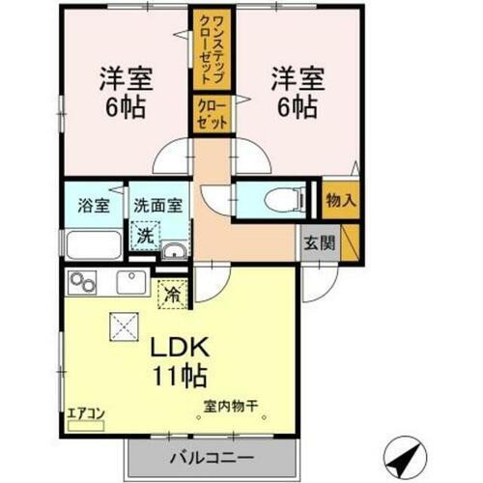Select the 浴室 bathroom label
point(93,205)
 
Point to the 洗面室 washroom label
point(157,205)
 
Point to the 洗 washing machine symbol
point(145,233)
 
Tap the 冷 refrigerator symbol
point(174,290)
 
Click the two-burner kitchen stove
point(83,283)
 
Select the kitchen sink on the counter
point(128,283)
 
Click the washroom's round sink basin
point(174,253)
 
